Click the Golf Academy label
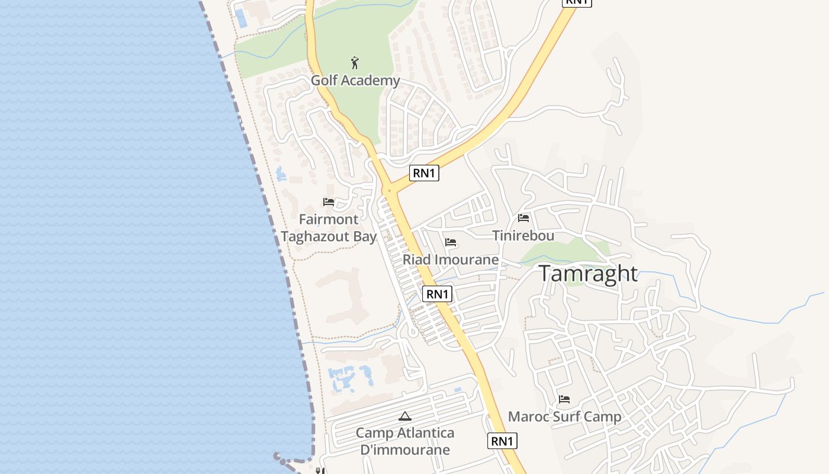point(355,81)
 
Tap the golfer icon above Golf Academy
point(355,63)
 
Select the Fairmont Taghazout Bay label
point(329,228)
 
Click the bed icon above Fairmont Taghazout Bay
point(329,202)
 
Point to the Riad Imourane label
point(451,260)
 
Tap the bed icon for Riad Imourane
point(451,242)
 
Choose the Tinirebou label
point(523,236)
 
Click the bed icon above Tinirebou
point(523,218)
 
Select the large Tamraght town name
point(588,274)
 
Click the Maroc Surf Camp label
point(565,417)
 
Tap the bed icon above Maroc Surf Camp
point(564,399)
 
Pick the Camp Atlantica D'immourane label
point(405,441)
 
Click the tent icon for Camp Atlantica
point(405,417)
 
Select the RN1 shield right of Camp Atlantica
point(502,441)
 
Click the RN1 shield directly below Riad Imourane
point(438,294)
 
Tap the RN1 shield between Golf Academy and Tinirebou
point(424,173)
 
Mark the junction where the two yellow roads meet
point(390,191)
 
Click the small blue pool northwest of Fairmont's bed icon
point(280,174)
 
